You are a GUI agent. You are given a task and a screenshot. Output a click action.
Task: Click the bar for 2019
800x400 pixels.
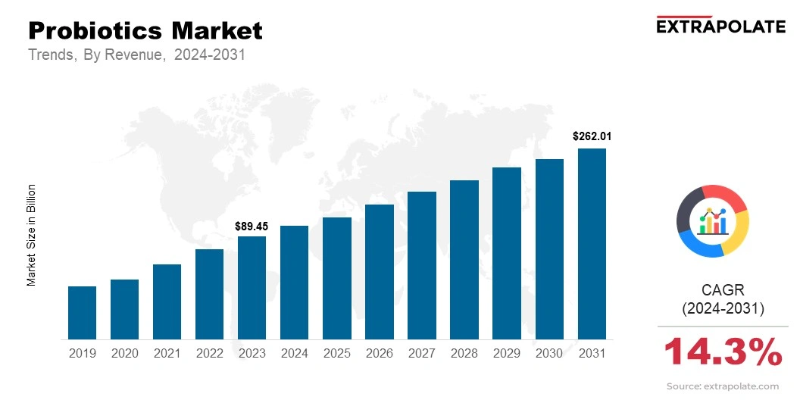click(82, 312)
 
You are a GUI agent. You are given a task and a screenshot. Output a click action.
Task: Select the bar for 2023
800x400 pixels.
click(252, 288)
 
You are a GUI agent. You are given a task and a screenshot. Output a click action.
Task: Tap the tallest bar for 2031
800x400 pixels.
click(592, 244)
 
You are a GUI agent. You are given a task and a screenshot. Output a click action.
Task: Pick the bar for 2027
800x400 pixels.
click(422, 265)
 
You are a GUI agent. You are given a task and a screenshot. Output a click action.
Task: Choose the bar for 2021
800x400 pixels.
click(167, 302)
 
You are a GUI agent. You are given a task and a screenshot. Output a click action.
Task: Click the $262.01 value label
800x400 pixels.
click(592, 137)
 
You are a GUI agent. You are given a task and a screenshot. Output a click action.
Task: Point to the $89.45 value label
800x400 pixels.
click(252, 226)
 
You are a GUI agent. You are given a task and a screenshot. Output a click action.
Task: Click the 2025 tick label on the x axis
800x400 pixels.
click(336, 353)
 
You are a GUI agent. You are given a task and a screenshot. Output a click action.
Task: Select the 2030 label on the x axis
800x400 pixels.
click(549, 353)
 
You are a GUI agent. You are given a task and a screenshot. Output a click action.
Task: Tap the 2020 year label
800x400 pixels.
click(124, 353)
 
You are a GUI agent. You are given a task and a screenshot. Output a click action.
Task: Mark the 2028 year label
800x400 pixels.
click(464, 353)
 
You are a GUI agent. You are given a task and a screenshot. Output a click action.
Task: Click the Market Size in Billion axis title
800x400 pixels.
click(32, 235)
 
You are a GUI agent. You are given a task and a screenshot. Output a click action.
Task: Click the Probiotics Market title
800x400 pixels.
click(145, 31)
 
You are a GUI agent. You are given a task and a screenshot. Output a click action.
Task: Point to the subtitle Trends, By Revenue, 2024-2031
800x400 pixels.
click(136, 55)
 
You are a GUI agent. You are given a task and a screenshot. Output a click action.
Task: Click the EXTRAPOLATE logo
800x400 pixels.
click(720, 27)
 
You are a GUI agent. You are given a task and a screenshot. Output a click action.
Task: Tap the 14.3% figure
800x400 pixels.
click(723, 352)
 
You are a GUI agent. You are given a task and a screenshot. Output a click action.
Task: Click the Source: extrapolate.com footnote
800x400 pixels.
click(723, 386)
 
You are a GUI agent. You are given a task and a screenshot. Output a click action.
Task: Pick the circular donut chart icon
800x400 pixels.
click(713, 220)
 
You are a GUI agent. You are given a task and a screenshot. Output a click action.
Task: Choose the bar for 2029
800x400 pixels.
click(507, 253)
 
